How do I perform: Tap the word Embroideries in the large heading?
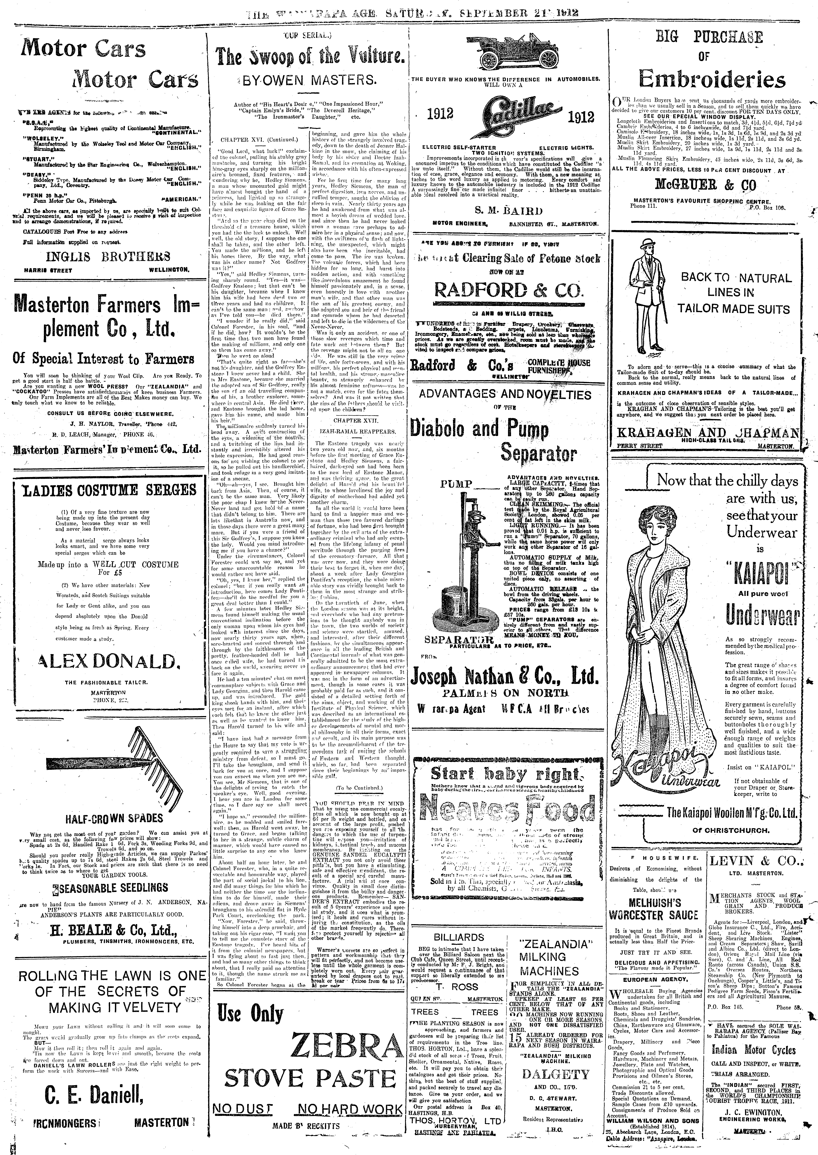point(712,80)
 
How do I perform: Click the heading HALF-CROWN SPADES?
point(107,817)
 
